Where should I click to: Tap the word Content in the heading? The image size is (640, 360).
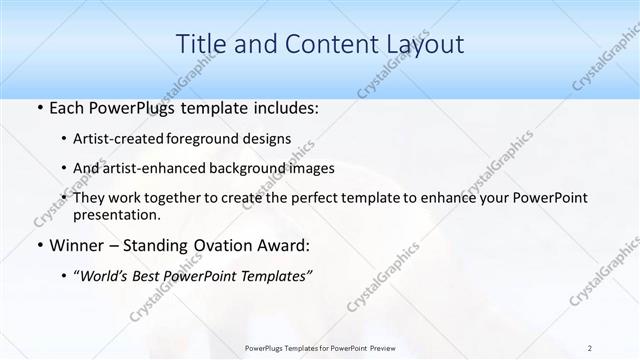pyautogui.click(x=322, y=44)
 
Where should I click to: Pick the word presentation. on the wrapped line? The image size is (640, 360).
pyautogui.click(x=118, y=214)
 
